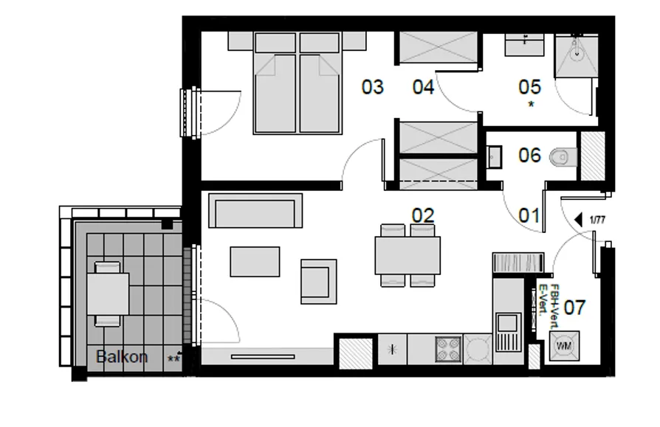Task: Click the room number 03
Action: click(373, 87)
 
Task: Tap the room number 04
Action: click(423, 87)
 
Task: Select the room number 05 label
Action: click(529, 87)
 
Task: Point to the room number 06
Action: click(529, 155)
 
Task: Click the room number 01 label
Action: click(529, 215)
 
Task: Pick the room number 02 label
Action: click(423, 215)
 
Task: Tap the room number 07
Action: click(574, 308)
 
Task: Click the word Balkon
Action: click(122, 357)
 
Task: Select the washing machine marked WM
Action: click(565, 347)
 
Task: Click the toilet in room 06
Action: click(564, 157)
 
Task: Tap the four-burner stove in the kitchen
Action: click(448, 349)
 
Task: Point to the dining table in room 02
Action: click(408, 255)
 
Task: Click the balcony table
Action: click(108, 294)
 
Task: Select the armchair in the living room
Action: click(319, 282)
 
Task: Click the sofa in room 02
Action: click(255, 211)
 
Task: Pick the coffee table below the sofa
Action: click(255, 261)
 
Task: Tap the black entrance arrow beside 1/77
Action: click(578, 219)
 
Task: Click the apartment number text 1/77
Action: click(597, 220)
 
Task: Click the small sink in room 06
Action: click(494, 157)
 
